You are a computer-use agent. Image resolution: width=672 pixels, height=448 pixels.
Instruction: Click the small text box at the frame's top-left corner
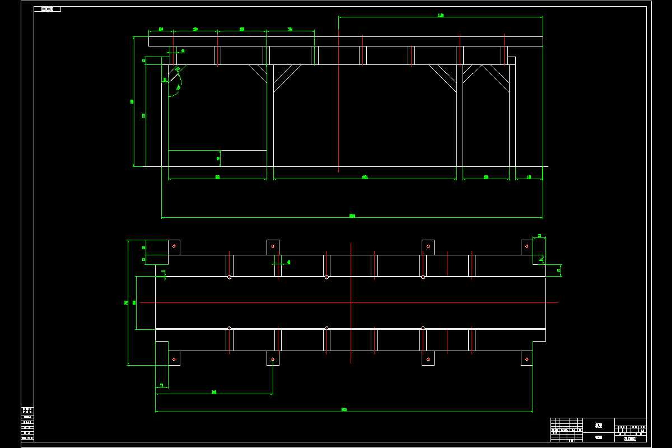[48, 9]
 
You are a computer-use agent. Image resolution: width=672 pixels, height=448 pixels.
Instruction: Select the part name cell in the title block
[598, 426]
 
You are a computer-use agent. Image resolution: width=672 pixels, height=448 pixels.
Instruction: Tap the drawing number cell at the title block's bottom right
[630, 438]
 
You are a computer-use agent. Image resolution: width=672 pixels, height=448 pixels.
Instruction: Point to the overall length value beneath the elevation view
[352, 216]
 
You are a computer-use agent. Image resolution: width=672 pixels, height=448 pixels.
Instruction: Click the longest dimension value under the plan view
[344, 409]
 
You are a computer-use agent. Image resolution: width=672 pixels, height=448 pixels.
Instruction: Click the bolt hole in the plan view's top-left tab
[174, 246]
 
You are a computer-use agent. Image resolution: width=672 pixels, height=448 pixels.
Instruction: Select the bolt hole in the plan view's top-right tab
[526, 246]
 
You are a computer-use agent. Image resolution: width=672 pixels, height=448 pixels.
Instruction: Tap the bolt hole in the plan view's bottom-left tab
[174, 359]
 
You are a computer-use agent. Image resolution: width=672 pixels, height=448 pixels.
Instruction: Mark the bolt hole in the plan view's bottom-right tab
[526, 359]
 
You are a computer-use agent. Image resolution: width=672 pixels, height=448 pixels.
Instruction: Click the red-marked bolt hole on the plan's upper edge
[428, 246]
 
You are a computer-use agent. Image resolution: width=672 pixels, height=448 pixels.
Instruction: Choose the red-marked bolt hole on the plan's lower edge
[428, 359]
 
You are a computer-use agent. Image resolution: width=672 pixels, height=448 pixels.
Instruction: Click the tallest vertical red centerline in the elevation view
[339, 101]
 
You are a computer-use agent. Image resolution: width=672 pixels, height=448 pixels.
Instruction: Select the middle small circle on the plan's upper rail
[326, 277]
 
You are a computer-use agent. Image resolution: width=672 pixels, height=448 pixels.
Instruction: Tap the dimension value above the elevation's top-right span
[441, 15]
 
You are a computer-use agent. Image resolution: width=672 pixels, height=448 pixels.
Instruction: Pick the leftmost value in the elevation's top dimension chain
[161, 29]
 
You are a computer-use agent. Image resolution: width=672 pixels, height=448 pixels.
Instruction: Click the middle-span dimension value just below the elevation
[365, 178]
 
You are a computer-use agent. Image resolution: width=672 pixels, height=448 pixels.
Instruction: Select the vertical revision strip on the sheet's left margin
[27, 424]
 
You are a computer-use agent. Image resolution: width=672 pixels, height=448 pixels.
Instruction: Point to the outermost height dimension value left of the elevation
[132, 101]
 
